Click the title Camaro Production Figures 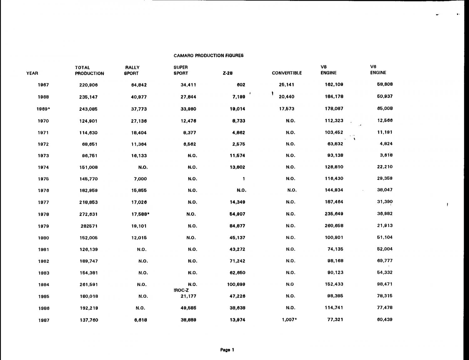(x=209, y=56)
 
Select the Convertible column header (x=287, y=73)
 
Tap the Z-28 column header (x=228, y=73)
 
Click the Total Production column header (x=89, y=70)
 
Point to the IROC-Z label (x=181, y=290)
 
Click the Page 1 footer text (x=227, y=350)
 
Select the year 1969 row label (x=43, y=109)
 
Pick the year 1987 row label (x=44, y=320)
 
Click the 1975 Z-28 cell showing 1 (x=244, y=179)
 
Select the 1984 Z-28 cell (x=236, y=284)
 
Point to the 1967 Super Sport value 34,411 (x=188, y=85)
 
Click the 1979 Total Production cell (x=89, y=226)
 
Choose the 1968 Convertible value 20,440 (x=286, y=97)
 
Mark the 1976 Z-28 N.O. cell (x=241, y=190)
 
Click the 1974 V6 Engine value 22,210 (x=385, y=167)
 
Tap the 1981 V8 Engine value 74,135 (x=335, y=249)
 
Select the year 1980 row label (x=43, y=238)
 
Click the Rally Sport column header (x=132, y=70)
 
